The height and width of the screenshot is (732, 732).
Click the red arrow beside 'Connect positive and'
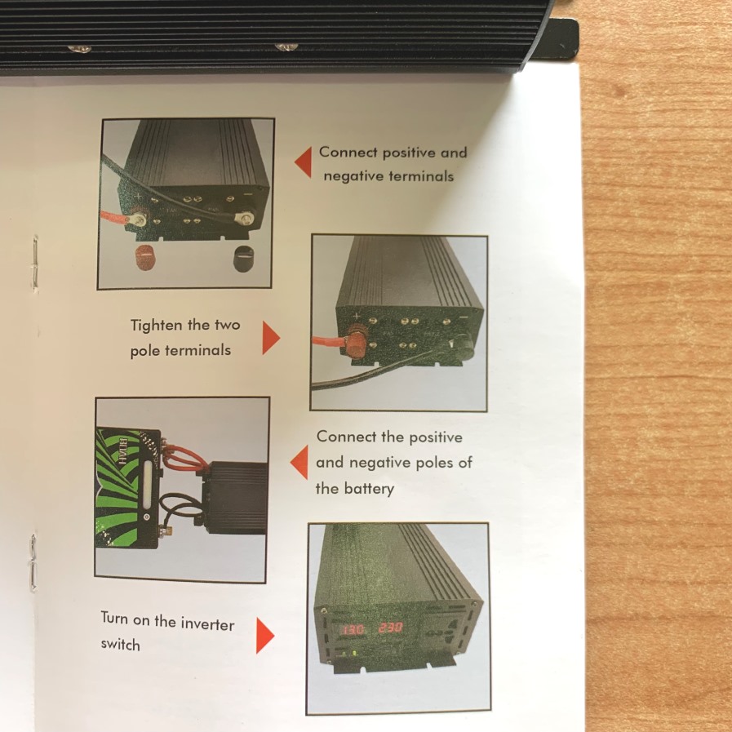coord(305,162)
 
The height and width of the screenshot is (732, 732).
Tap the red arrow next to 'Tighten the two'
coord(270,338)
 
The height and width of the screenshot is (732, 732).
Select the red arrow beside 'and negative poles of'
coord(300,462)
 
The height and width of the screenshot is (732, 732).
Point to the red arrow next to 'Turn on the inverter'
coord(264,636)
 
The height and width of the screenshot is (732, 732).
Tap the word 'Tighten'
coord(157,326)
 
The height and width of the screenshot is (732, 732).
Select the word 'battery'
coord(369,490)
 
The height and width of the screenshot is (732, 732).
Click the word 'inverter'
coord(207,624)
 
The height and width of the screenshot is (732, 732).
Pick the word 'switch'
coord(121,645)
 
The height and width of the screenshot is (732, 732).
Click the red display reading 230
coord(390,628)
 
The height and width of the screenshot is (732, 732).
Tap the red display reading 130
coord(353,629)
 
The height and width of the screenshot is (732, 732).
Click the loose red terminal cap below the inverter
coord(145,257)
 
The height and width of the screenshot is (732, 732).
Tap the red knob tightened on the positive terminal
coord(353,343)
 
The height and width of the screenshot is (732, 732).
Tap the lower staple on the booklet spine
coord(33,562)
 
